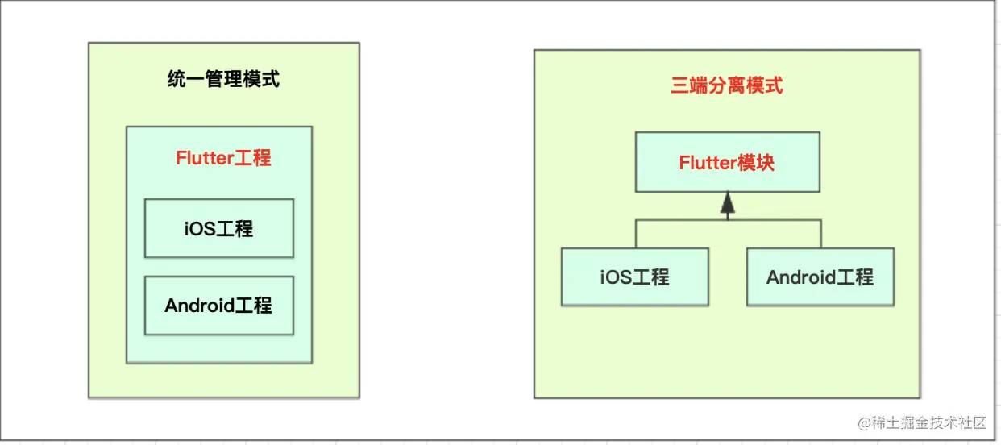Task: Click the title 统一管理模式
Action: click(223, 79)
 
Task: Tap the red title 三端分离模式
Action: click(726, 85)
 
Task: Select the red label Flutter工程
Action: click(223, 157)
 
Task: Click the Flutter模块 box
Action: click(727, 162)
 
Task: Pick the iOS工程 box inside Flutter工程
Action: click(218, 228)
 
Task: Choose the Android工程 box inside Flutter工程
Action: click(218, 306)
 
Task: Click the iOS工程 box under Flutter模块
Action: click(634, 277)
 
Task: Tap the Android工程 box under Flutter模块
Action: click(820, 277)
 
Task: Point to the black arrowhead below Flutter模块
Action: click(728, 204)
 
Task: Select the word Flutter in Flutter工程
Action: click(205, 157)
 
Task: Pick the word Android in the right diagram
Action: click(801, 277)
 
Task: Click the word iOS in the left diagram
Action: click(198, 228)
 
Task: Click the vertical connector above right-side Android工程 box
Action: click(820, 234)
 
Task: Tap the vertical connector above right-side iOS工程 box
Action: click(635, 234)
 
